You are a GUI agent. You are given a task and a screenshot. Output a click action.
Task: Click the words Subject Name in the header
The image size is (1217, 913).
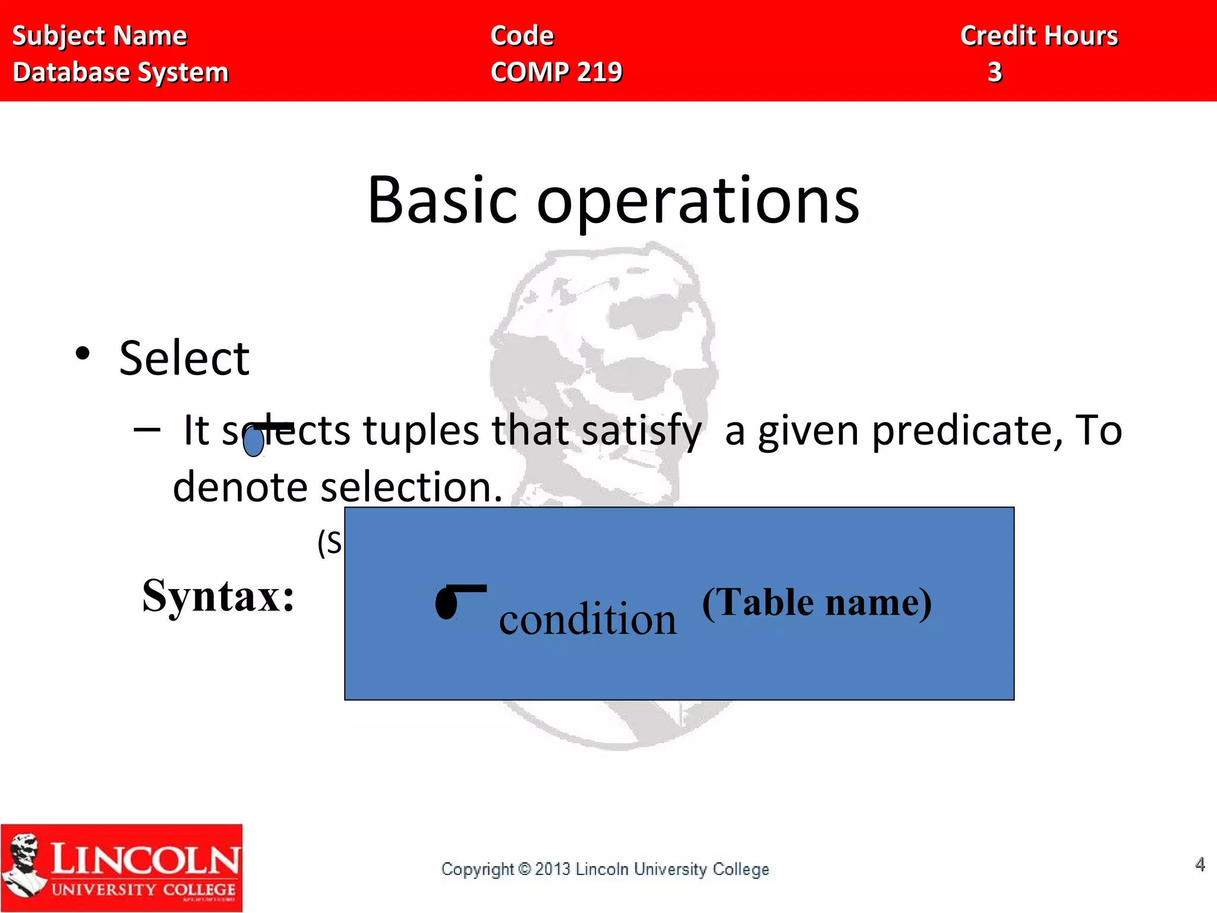tap(99, 36)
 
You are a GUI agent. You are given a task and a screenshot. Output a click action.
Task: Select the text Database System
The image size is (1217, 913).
tap(121, 73)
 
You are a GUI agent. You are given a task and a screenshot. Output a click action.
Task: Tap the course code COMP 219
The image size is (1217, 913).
tap(556, 73)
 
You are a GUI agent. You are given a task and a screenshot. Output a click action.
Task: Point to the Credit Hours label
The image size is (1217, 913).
tap(1039, 36)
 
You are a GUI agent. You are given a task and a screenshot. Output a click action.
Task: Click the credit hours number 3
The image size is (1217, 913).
tap(995, 73)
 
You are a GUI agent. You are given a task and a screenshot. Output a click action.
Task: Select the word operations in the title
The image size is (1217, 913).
tap(698, 202)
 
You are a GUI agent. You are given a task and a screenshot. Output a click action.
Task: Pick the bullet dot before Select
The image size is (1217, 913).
tap(83, 353)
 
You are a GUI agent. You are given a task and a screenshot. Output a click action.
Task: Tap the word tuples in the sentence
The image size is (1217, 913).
tap(421, 430)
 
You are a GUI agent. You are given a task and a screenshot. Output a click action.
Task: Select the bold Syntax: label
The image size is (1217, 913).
tap(218, 596)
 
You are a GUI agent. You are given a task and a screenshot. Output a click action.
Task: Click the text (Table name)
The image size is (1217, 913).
tap(816, 603)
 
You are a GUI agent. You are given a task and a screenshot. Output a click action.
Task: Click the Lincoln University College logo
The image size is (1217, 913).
tap(121, 868)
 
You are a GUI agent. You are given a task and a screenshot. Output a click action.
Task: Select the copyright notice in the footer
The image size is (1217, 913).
tap(605, 869)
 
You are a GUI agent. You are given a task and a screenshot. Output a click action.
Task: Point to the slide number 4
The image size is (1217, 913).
tap(1200, 864)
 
